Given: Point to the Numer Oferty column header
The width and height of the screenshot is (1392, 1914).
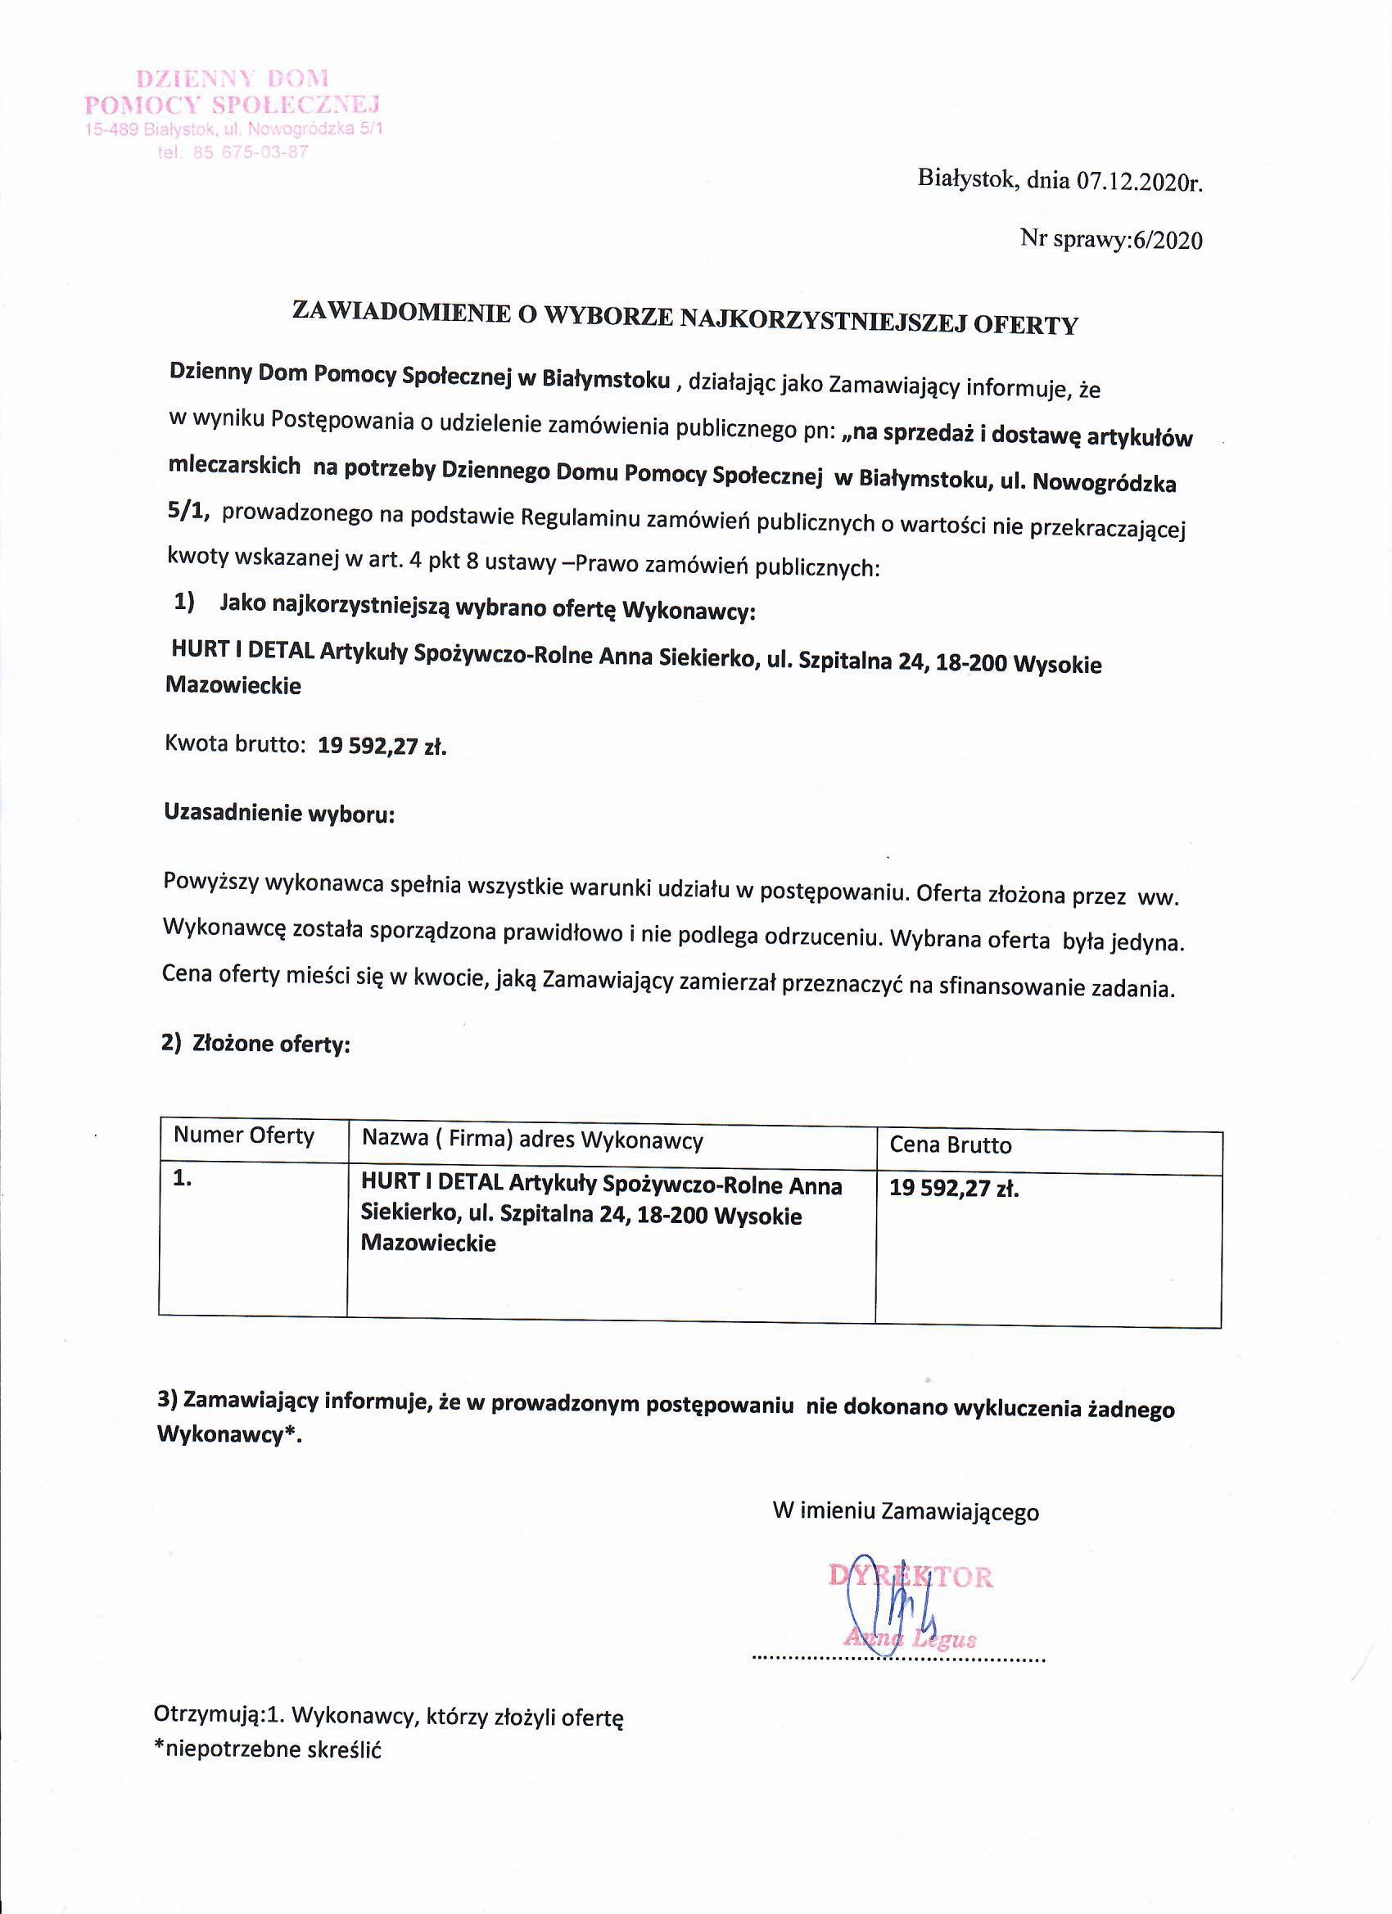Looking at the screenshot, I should tap(243, 1136).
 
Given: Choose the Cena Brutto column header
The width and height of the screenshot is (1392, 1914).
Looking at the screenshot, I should tap(950, 1145).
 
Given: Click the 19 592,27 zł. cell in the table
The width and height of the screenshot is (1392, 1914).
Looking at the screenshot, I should tap(954, 1189).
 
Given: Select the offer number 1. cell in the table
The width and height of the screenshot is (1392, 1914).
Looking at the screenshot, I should tap(183, 1180).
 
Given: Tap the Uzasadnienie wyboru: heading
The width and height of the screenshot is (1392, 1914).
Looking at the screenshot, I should tap(278, 814).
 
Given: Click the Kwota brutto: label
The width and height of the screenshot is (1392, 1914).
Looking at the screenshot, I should tap(234, 744).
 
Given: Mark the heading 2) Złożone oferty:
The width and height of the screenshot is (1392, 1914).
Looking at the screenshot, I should tap(255, 1044).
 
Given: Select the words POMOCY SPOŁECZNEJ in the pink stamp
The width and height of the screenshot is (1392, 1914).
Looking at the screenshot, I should tap(233, 105).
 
